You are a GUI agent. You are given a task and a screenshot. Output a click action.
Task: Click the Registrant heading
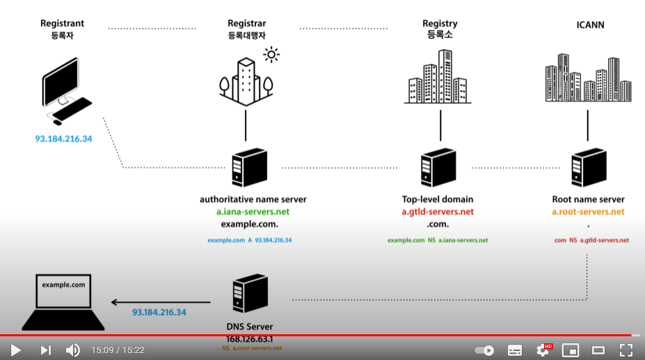pos(63,24)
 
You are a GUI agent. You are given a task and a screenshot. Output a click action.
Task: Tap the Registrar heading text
pos(247,24)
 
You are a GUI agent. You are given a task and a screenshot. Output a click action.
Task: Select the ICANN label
pos(590,24)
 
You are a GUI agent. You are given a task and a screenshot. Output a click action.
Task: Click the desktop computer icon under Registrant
pos(67,91)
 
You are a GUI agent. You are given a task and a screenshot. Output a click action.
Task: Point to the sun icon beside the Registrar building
pos(271,54)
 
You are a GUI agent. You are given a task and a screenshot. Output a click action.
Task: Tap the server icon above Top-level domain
pos(438,167)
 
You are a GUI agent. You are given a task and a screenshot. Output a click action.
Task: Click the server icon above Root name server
pos(587,167)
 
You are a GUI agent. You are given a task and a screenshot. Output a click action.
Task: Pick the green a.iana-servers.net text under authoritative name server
pos(253,212)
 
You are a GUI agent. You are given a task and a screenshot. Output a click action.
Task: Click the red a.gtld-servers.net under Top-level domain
pos(438,212)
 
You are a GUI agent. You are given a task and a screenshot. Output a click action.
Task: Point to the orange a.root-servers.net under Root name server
pos(588,212)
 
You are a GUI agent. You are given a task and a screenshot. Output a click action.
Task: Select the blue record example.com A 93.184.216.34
pos(249,240)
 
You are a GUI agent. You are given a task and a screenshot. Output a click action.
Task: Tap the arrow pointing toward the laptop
pos(161,302)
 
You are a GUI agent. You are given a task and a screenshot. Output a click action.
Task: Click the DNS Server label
pos(249,327)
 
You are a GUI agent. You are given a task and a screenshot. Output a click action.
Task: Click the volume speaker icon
pos(72,350)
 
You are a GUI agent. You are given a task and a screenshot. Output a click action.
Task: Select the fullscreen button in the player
pos(626,350)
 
